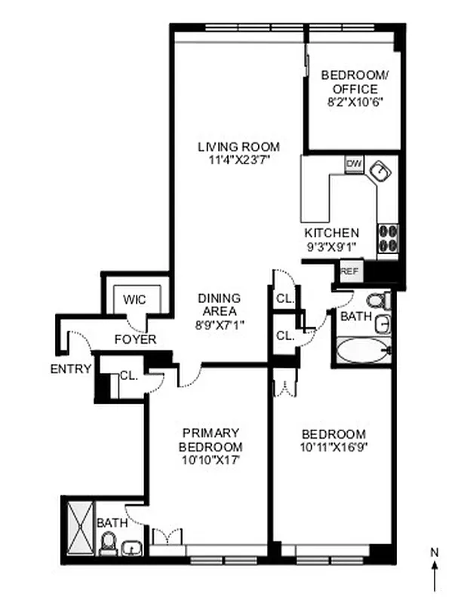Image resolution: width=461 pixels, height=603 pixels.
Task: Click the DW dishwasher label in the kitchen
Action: [352, 163]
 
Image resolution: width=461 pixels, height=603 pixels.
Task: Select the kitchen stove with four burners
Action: [388, 237]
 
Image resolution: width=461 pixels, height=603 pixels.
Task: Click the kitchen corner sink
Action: [383, 173]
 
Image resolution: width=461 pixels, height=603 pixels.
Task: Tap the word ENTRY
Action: [71, 369]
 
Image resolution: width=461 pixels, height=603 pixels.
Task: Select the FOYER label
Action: [135, 340]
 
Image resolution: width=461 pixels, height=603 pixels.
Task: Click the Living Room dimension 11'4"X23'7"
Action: [238, 160]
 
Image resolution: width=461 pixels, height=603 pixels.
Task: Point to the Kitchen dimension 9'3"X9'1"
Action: [331, 246]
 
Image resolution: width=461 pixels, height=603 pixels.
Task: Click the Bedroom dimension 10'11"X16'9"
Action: [333, 448]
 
